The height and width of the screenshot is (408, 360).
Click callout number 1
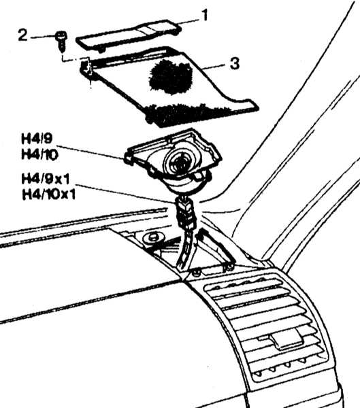coord(206,15)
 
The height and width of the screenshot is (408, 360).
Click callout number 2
coord(22,35)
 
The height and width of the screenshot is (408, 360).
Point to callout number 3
coord(235,63)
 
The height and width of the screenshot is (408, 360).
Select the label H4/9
coord(37,139)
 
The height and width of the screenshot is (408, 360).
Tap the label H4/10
coord(39,154)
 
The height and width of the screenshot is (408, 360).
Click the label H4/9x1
coord(46,179)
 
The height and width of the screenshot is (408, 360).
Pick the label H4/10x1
coord(49,194)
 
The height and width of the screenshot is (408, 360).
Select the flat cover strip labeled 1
coord(129,35)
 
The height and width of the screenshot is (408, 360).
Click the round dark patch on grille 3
coord(171,77)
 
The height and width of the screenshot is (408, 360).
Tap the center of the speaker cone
coord(180,162)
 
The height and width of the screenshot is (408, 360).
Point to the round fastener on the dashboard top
coord(153,237)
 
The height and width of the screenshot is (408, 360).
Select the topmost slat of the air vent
coord(243,286)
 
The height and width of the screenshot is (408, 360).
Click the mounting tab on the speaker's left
coord(129,158)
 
